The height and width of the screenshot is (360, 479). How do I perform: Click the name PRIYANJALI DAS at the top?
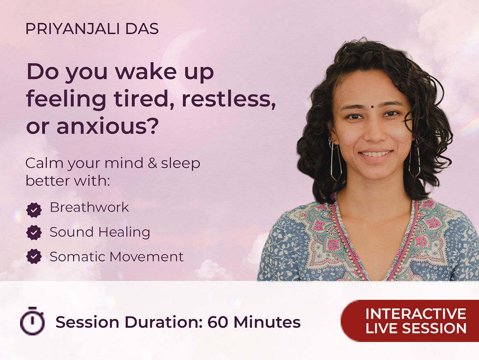click(x=92, y=29)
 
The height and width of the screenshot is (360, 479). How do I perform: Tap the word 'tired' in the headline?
click(x=144, y=99)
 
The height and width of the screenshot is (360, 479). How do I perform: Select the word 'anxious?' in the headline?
click(x=108, y=126)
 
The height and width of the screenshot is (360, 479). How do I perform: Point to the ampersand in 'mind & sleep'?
click(x=152, y=163)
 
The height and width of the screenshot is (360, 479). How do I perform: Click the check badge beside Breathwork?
click(x=34, y=210)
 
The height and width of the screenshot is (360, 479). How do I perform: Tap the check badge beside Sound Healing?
click(x=34, y=233)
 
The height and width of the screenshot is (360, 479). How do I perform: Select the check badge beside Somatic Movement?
click(x=34, y=256)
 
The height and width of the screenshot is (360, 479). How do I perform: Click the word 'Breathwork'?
click(x=89, y=207)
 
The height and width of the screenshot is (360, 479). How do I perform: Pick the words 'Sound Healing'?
click(x=100, y=232)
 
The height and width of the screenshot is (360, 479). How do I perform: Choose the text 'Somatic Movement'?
click(x=117, y=257)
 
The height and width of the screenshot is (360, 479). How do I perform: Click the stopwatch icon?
click(x=32, y=321)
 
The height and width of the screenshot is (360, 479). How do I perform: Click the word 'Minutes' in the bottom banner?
click(x=267, y=322)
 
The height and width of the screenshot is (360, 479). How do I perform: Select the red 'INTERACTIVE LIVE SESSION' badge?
click(x=410, y=321)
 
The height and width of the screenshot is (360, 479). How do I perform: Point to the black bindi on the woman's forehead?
click(x=373, y=106)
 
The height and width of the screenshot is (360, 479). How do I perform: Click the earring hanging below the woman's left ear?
click(x=415, y=161)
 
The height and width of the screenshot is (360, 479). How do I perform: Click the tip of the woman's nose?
click(x=373, y=137)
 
